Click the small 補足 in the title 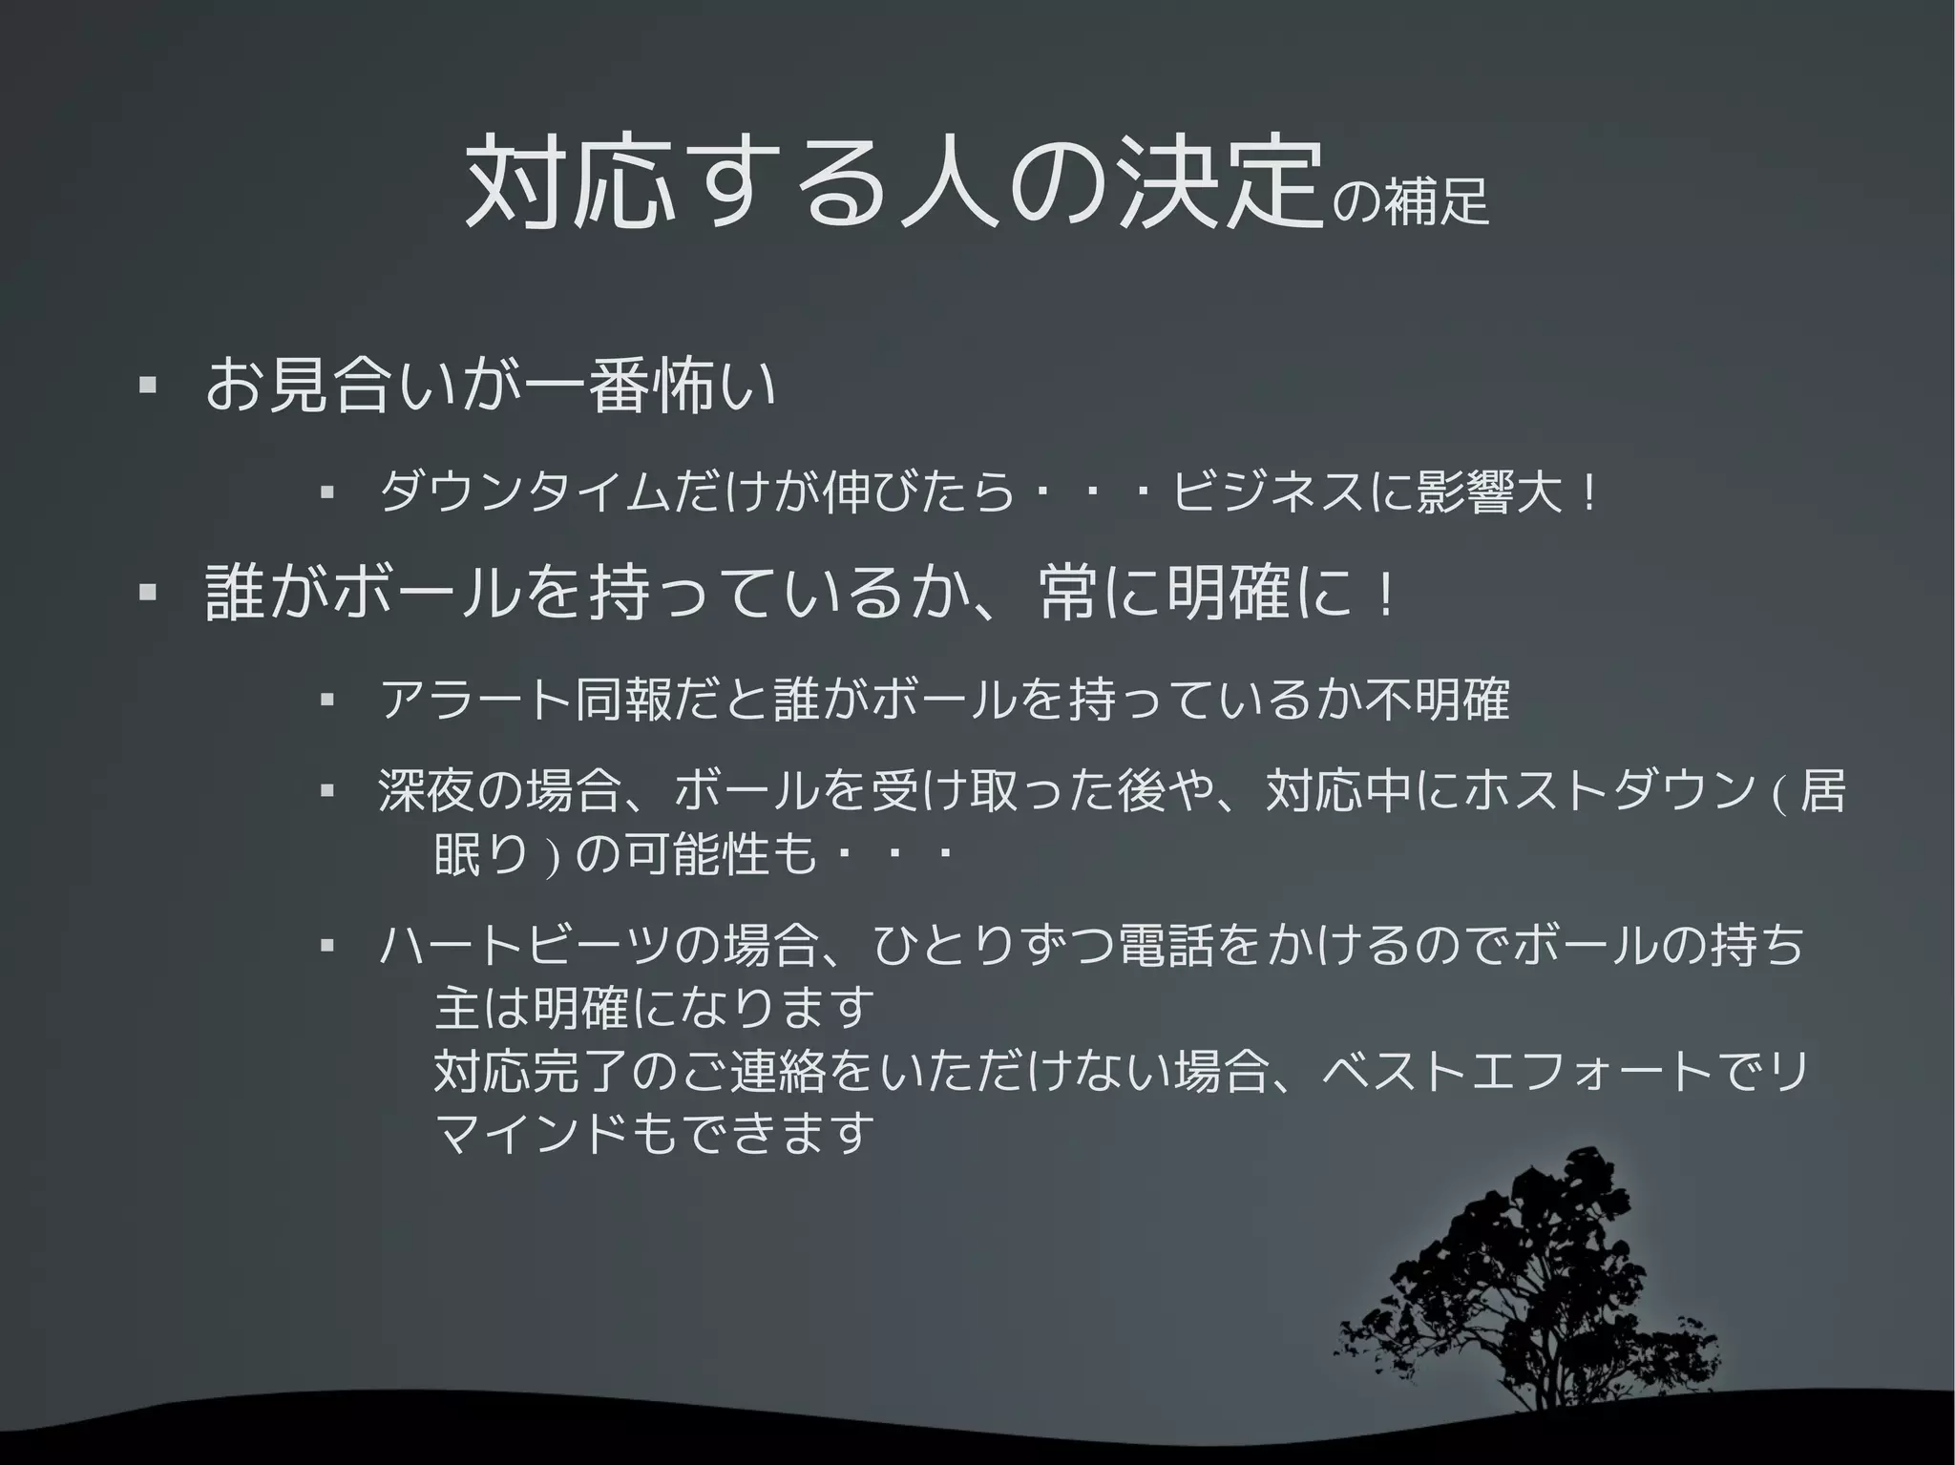(x=1437, y=200)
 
